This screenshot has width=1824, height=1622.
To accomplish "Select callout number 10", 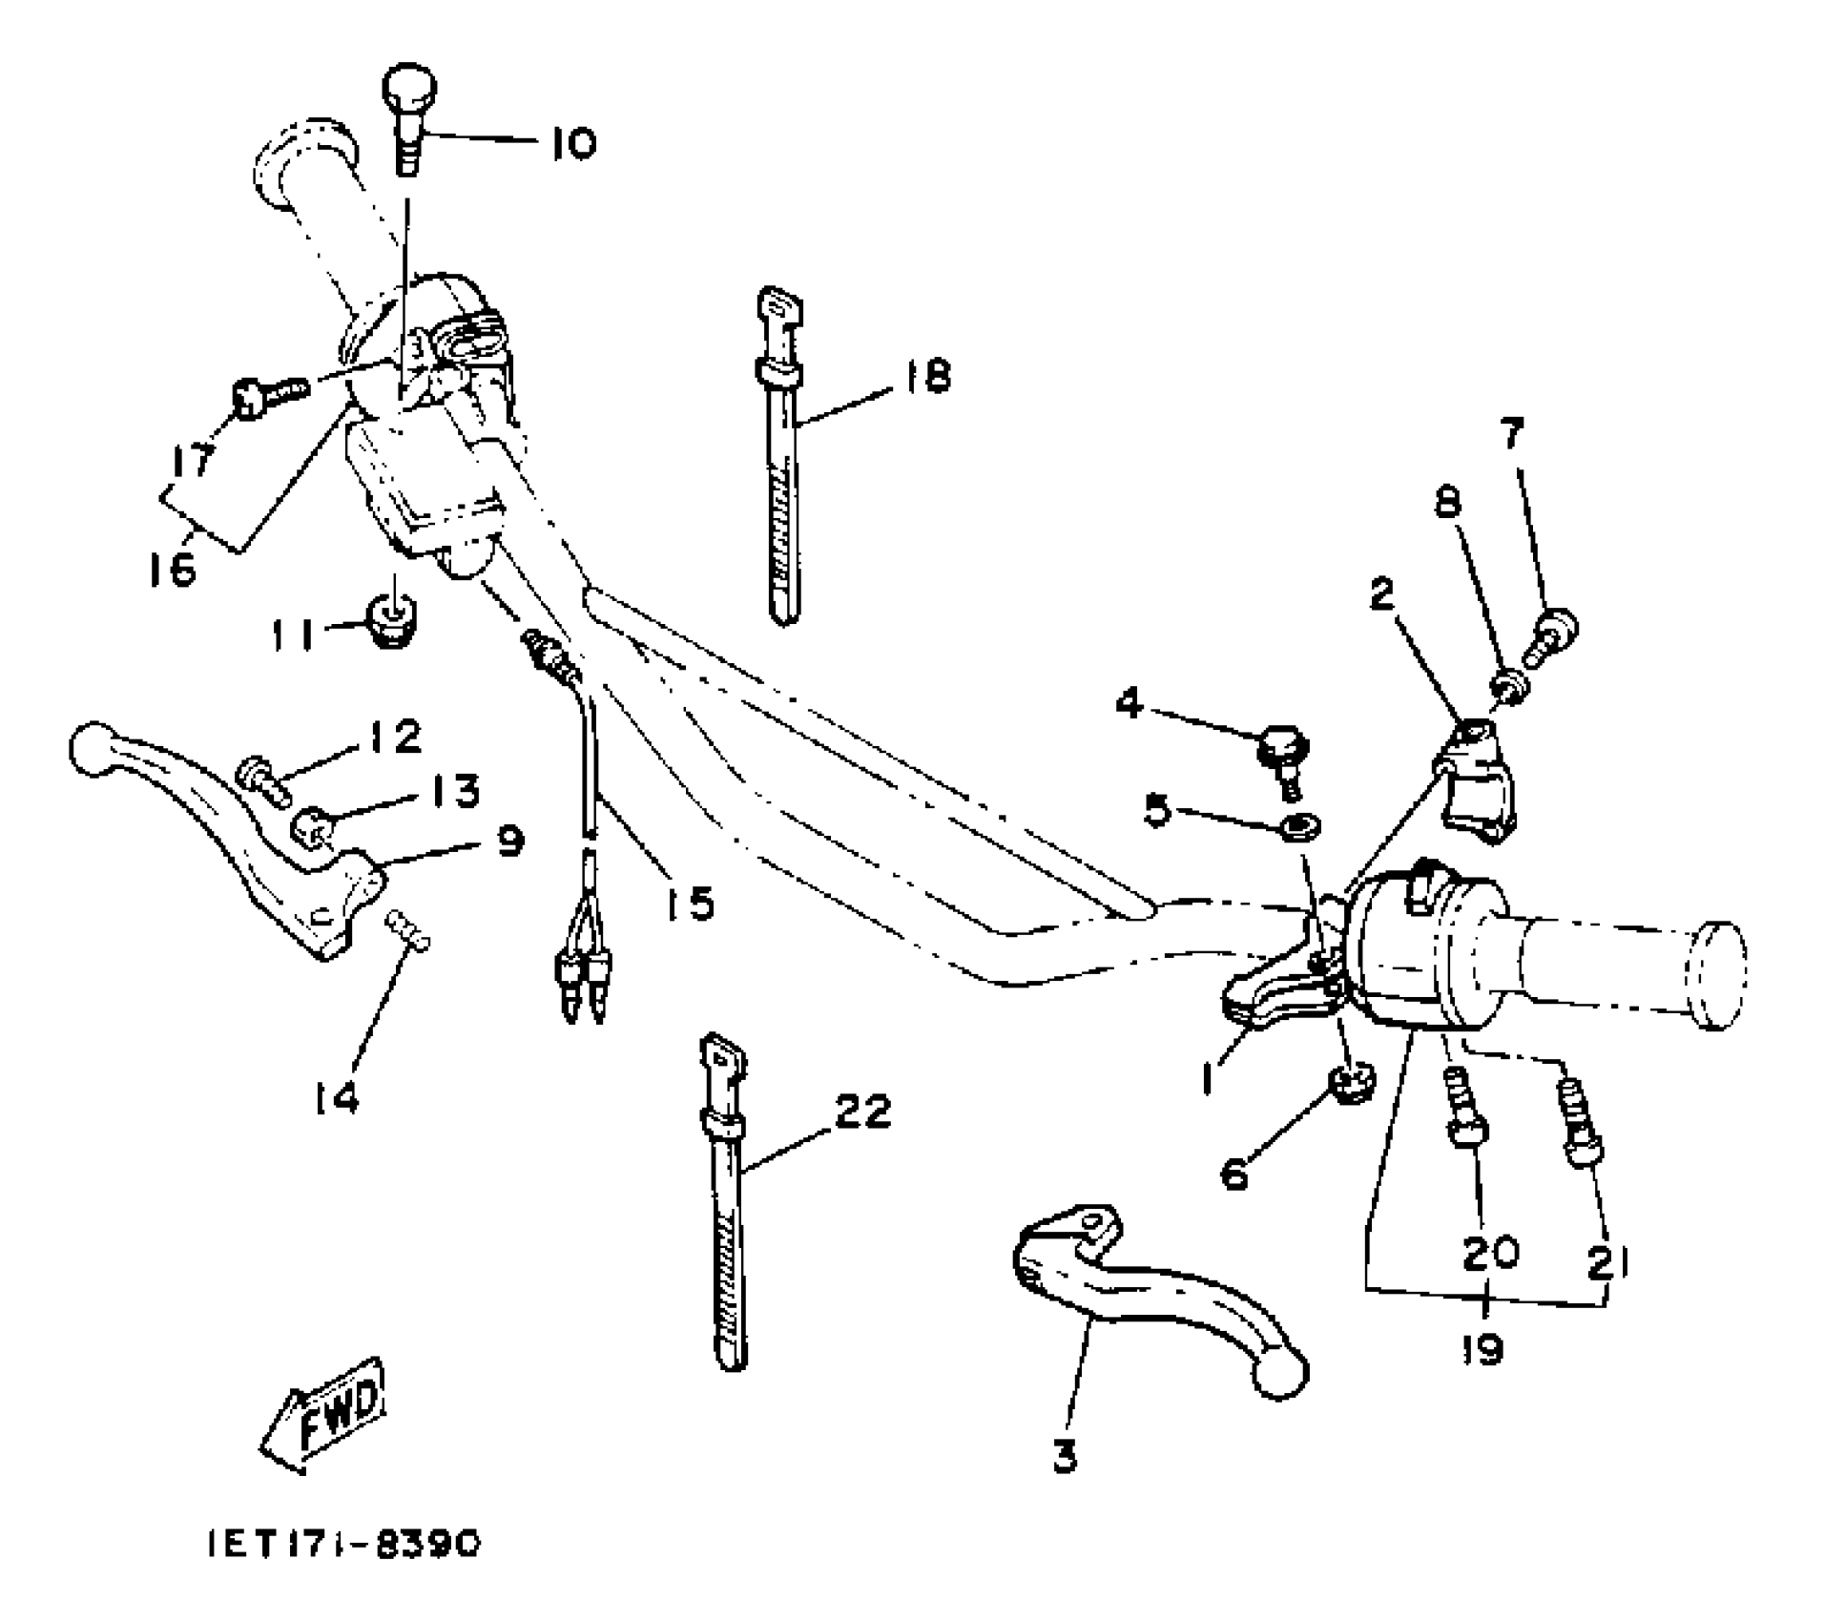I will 573,144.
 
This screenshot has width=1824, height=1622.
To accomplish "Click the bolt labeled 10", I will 410,118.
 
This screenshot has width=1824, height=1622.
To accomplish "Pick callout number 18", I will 923,375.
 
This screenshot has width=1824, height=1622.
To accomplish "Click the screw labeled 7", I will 1553,636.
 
